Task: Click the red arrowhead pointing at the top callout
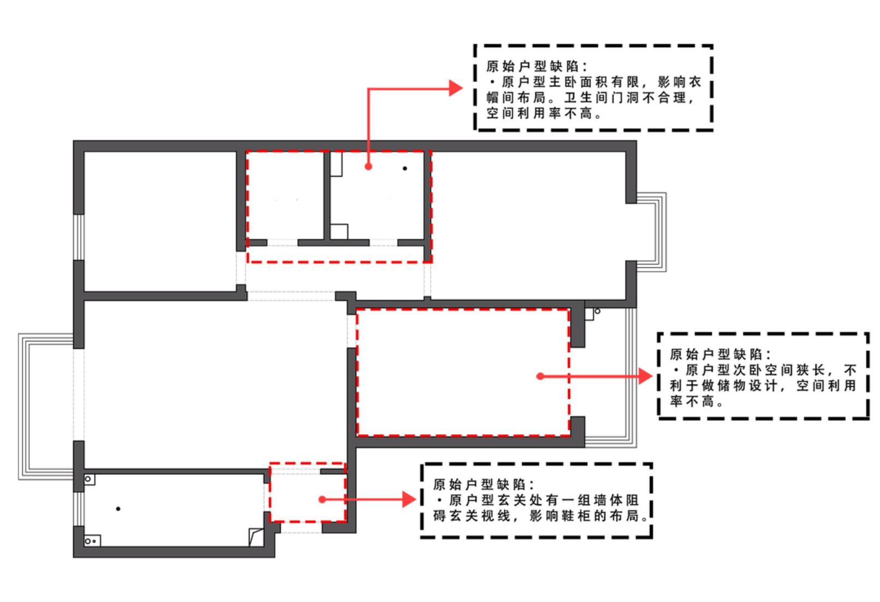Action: click(456, 88)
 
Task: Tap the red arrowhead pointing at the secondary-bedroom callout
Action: click(646, 376)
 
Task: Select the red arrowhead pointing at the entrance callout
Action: click(409, 499)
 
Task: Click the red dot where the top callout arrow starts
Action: click(368, 166)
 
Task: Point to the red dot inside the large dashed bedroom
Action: click(540, 376)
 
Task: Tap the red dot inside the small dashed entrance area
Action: click(322, 499)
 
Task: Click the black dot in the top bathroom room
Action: click(405, 168)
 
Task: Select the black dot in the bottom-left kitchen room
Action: click(118, 509)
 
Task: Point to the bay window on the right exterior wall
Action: click(651, 232)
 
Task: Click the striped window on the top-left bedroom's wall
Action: click(79, 237)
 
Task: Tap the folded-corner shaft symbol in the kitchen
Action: click(256, 537)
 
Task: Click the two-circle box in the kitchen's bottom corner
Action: click(92, 541)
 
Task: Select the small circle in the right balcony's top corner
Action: click(598, 311)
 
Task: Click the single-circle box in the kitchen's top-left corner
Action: click(89, 480)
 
